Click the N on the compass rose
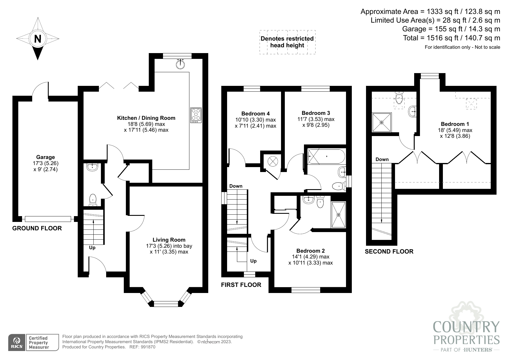coord(37,39)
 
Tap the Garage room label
coord(46,158)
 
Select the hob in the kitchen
coord(196,115)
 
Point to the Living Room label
coord(169,240)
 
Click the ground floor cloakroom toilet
coord(93,200)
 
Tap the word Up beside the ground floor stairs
coord(92,248)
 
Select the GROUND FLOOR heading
coord(37,228)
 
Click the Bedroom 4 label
coord(255,114)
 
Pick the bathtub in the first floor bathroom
coord(326,156)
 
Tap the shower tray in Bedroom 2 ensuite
coord(338,215)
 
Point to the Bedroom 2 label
coord(310,251)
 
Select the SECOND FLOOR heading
coord(389,252)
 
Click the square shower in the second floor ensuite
coord(381,122)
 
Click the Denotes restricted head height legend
coord(287,42)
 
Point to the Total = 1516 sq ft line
coord(451,38)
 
